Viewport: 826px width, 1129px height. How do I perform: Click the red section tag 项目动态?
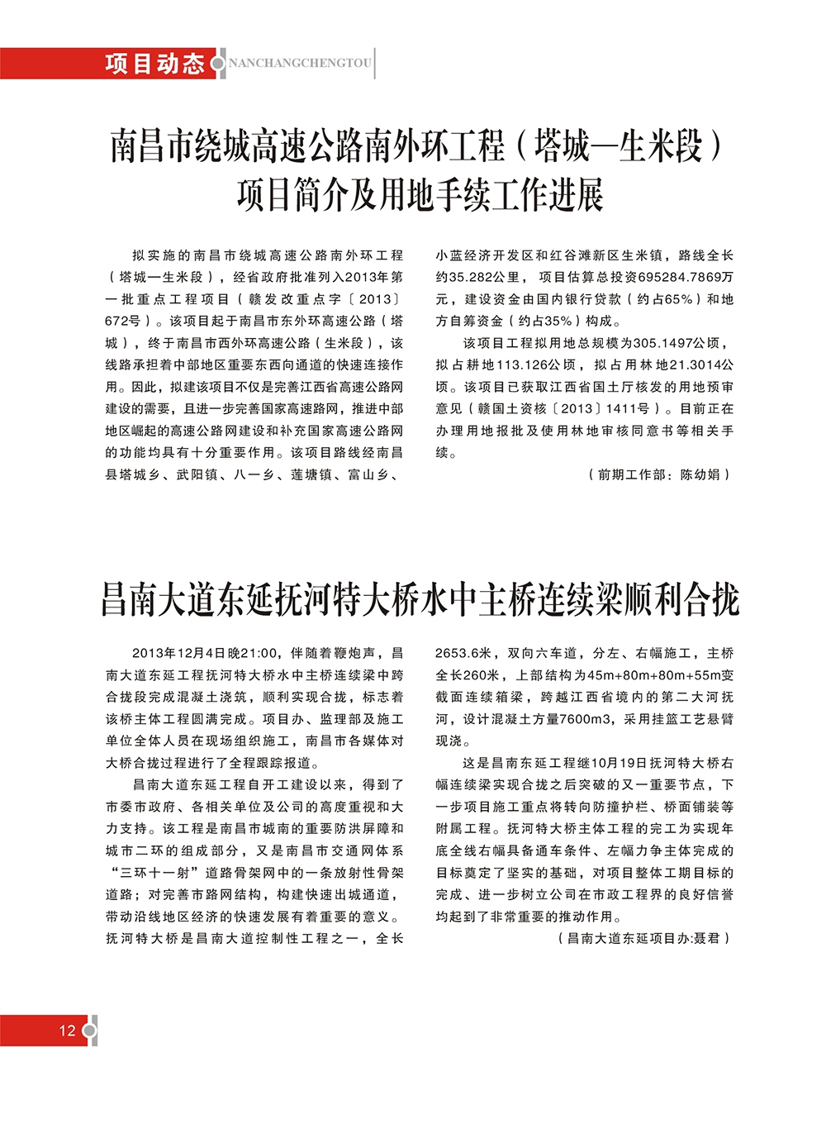pyautogui.click(x=154, y=64)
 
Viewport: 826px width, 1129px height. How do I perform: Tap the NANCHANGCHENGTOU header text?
pyautogui.click(x=299, y=64)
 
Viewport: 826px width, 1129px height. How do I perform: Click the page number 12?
pyautogui.click(x=67, y=1030)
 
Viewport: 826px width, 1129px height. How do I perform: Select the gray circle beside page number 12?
pyautogui.click(x=90, y=1031)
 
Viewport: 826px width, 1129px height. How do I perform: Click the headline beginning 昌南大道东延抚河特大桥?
pyautogui.click(x=420, y=599)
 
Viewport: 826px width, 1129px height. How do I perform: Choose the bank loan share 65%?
pyautogui.click(x=674, y=299)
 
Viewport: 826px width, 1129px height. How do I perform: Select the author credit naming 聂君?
pyautogui.click(x=644, y=938)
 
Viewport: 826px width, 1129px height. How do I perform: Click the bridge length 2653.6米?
pyautogui.click(x=464, y=653)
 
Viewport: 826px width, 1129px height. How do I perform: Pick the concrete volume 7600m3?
pyautogui.click(x=587, y=719)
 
